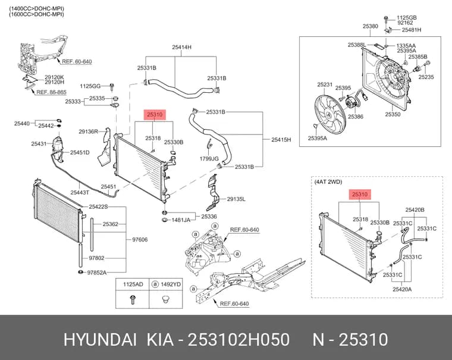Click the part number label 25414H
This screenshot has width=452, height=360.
pyautogui.click(x=181, y=47)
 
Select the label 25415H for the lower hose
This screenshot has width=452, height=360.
pyautogui.click(x=281, y=140)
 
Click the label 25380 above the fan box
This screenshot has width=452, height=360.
pyautogui.click(x=370, y=26)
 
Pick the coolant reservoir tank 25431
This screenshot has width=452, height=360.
pyautogui.click(x=58, y=147)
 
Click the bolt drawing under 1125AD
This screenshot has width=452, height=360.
pyautogui.click(x=132, y=299)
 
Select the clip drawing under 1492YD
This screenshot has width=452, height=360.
pyautogui.click(x=165, y=299)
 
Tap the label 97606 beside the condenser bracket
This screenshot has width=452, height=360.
pyautogui.click(x=140, y=239)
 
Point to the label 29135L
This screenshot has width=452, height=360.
pyautogui.click(x=236, y=199)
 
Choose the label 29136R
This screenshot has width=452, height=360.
pyautogui.click(x=89, y=132)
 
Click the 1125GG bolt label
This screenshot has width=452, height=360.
pyautogui.click(x=90, y=86)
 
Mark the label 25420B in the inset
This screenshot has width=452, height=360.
pyautogui.click(x=415, y=210)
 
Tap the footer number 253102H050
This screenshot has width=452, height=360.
pyautogui.click(x=238, y=339)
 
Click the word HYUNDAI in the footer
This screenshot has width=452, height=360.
pyautogui.click(x=100, y=339)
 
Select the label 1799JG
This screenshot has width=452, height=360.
pyautogui.click(x=209, y=159)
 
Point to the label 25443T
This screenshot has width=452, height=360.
pyautogui.click(x=80, y=192)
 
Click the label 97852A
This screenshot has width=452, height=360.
pyautogui.click(x=97, y=273)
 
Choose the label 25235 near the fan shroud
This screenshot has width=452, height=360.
pyautogui.click(x=426, y=77)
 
